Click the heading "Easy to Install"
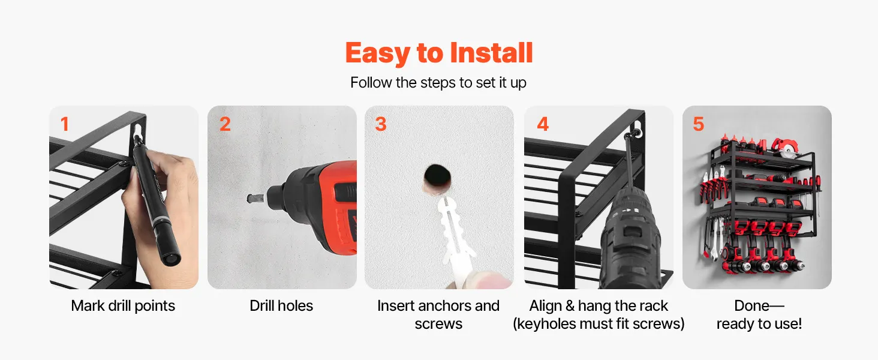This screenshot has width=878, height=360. pos(439,53)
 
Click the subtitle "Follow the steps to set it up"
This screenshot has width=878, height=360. pos(438,83)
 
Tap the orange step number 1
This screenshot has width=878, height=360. pos(65,124)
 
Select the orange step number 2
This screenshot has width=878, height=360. pos(225,124)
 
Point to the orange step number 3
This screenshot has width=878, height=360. pos(381,124)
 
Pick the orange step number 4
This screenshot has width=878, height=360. pos(543,124)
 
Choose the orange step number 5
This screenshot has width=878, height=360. pos(699,124)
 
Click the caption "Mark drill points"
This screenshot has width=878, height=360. pos(123,306)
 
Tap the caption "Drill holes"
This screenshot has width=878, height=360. pos(281,306)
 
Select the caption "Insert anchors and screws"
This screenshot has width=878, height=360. pos(438,314)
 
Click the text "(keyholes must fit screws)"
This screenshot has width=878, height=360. pos(599,324)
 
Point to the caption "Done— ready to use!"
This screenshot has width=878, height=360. pos(759,314)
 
